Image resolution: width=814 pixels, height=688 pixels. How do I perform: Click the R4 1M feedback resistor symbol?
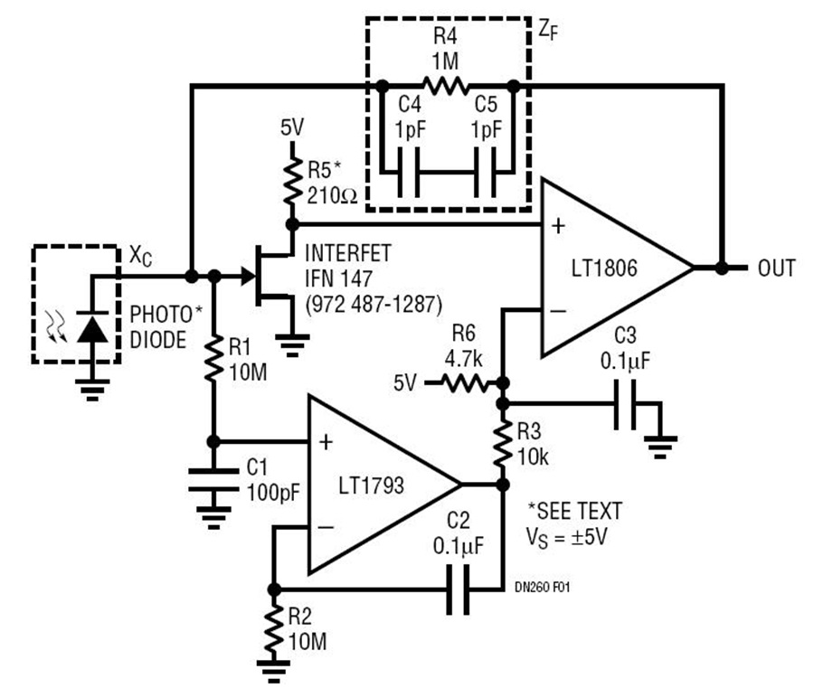tap(445, 86)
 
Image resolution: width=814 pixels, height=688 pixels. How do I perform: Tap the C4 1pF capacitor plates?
tap(409, 173)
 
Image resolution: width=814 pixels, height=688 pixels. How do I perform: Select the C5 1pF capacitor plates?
tap(485, 173)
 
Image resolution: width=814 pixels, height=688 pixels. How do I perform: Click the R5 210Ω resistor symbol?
tap(292, 181)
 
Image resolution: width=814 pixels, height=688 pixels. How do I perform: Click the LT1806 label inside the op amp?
tap(604, 269)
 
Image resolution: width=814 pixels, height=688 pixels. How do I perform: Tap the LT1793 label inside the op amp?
tap(371, 485)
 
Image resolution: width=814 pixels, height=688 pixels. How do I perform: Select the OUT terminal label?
tap(777, 269)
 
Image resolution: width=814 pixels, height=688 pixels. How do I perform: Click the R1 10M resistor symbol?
tap(213, 359)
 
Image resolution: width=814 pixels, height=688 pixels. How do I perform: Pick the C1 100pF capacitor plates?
tap(213, 480)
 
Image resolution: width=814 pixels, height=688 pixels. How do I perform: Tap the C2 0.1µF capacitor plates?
tap(458, 589)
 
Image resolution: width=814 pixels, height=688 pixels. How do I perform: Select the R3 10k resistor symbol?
tap(503, 444)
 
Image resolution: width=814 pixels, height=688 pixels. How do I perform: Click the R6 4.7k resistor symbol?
tap(464, 383)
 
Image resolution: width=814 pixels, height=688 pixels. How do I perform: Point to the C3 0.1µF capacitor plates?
tap(625, 405)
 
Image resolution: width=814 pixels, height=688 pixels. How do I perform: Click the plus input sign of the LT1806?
tap(559, 226)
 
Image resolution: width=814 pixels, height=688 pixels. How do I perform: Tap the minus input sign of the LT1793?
tap(326, 527)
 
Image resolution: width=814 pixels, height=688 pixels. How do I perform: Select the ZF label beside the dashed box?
tap(548, 30)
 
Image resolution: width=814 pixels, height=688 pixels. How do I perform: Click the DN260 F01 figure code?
tap(543, 587)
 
